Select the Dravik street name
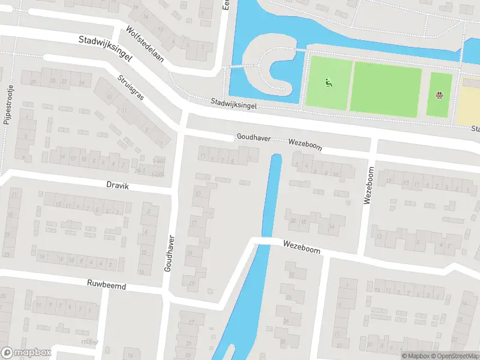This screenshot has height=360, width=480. tap(118, 187)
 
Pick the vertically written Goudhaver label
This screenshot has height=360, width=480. tap(169, 252)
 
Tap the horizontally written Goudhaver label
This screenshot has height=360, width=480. tap(253, 137)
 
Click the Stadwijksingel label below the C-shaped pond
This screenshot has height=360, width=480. tap(233, 104)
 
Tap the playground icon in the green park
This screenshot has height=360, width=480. tap(328, 83)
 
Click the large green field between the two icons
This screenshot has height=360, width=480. tap(386, 88)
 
